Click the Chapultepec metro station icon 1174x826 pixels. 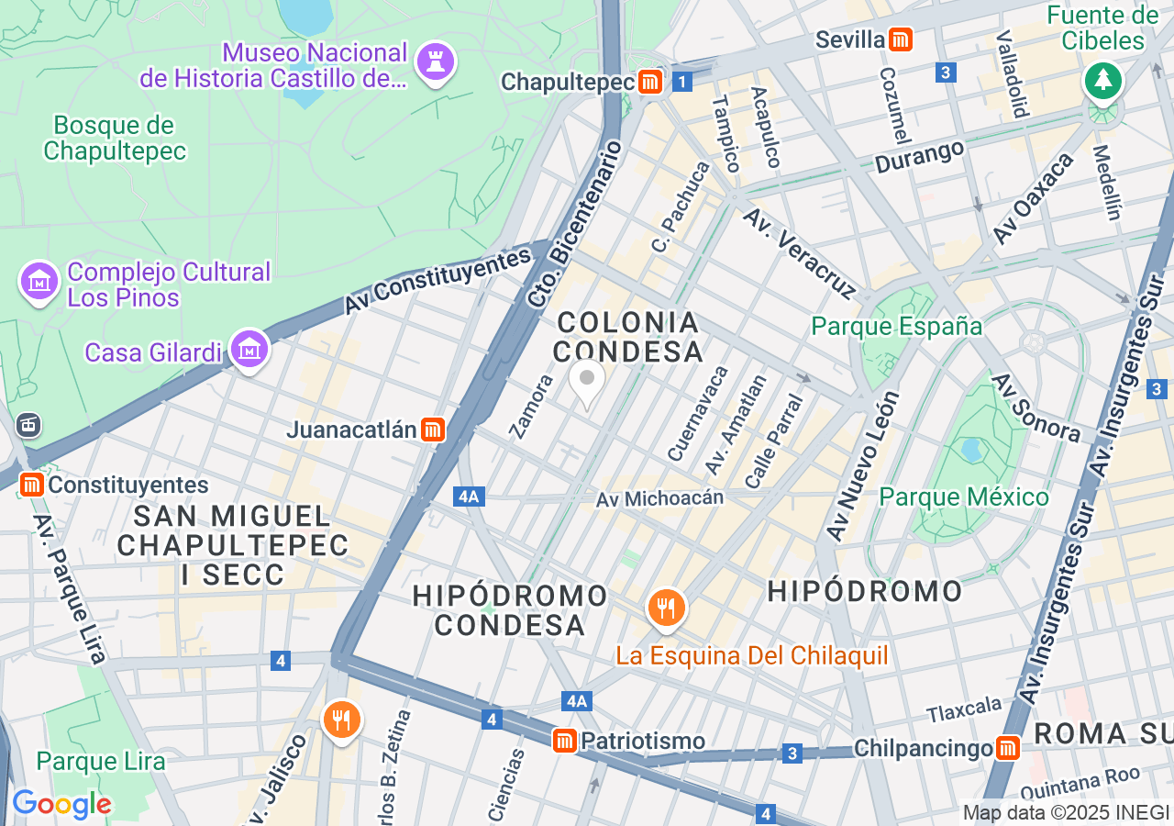pyautogui.click(x=651, y=82)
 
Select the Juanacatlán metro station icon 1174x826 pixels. pyautogui.click(x=433, y=429)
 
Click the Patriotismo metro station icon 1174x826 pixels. pyautogui.click(x=565, y=741)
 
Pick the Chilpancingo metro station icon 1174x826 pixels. pyautogui.click(x=1008, y=748)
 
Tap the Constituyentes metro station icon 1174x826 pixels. pyautogui.click(x=32, y=484)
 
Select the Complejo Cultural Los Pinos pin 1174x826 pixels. pyautogui.click(x=39, y=282)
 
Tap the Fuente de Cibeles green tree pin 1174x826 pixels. pyautogui.click(x=1102, y=81)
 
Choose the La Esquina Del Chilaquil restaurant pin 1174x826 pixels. pyautogui.click(x=667, y=608)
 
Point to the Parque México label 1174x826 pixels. pyautogui.click(x=963, y=497)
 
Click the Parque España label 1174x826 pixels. pyautogui.click(x=897, y=327)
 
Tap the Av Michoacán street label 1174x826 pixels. pyautogui.click(x=659, y=498)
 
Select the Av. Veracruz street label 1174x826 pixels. pyautogui.click(x=797, y=253)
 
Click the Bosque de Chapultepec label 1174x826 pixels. pyautogui.click(x=115, y=138)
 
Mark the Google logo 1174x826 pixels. pyautogui.click(x=61, y=804)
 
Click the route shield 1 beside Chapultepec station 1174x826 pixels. pyautogui.click(x=681, y=83)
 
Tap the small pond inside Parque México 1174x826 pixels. pyautogui.click(x=970, y=450)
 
